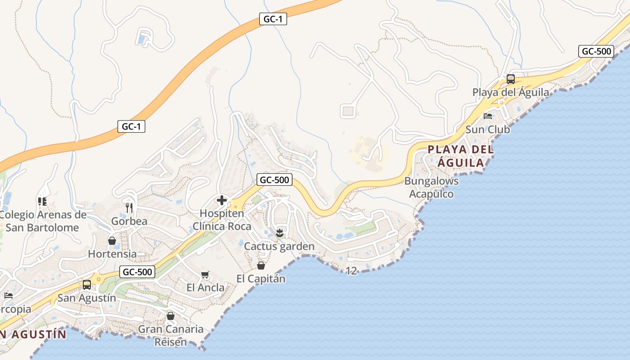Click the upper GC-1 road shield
pyautogui.click(x=273, y=19)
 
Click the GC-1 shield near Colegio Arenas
pyautogui.click(x=131, y=126)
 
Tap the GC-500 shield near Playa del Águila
pyautogui.click(x=596, y=51)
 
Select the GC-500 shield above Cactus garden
pyautogui.click(x=274, y=180)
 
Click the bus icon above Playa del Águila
pyautogui.click(x=510, y=79)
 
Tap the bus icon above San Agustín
pyautogui.click(x=86, y=285)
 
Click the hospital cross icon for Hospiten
pyautogui.click(x=221, y=200)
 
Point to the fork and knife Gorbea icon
pyautogui.click(x=129, y=208)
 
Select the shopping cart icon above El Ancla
pyautogui.click(x=205, y=274)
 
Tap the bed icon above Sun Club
pyautogui.click(x=488, y=116)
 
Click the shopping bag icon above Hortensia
pyautogui.click(x=112, y=241)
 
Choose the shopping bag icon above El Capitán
pyautogui.click(x=261, y=265)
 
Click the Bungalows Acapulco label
pyautogui.click(x=432, y=187)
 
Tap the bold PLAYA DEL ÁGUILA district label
pyautogui.click(x=461, y=156)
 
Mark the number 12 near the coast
pyautogui.click(x=351, y=271)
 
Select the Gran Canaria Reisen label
pyautogui.click(x=171, y=335)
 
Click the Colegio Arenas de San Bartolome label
pyautogui.click(x=43, y=221)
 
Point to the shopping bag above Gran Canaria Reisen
pyautogui.click(x=170, y=316)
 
